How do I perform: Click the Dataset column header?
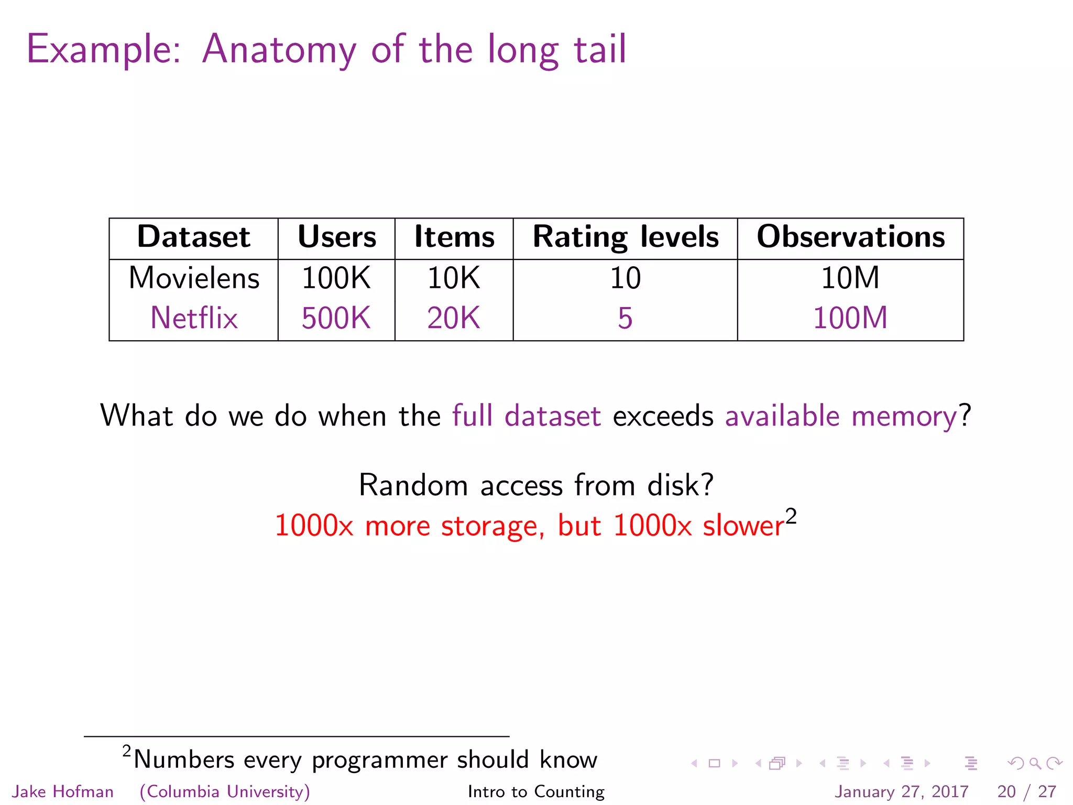[193, 237]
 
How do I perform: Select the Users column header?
[336, 237]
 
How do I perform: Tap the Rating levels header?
[625, 237]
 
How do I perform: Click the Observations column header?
[850, 237]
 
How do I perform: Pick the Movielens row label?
[194, 278]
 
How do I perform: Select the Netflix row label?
[194, 318]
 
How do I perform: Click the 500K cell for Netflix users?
[336, 318]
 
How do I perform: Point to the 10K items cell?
[453, 278]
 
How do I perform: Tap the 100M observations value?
[850, 318]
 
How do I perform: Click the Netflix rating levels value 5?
[625, 318]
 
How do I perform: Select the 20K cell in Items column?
[453, 318]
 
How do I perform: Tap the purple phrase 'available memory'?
[841, 416]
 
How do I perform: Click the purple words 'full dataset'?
[526, 416]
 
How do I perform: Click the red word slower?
[743, 526]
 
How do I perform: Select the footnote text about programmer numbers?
[365, 759]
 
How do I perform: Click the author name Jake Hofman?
[63, 791]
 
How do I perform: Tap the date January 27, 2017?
[901, 791]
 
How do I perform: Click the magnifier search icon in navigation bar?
[1035, 763]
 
